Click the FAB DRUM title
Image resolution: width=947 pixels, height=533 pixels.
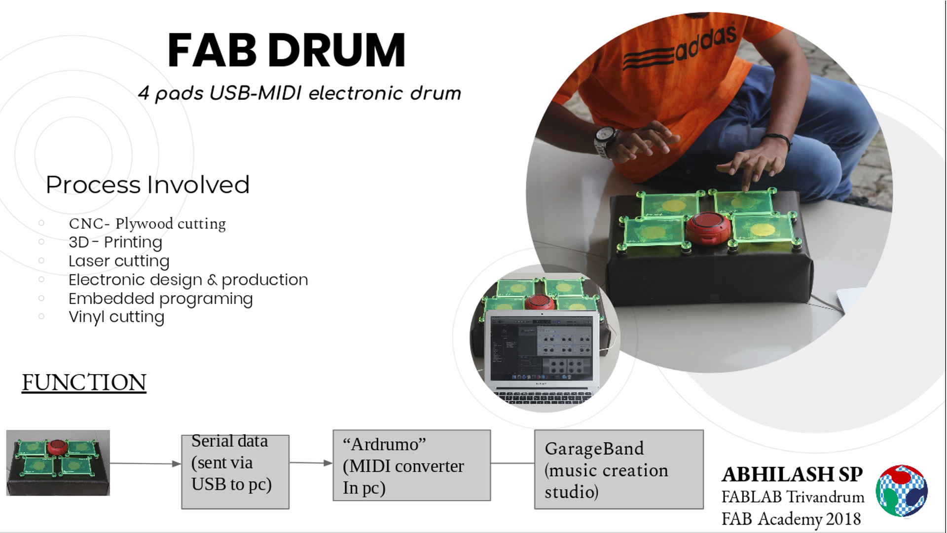point(287,50)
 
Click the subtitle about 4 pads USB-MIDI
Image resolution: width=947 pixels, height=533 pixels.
point(299,93)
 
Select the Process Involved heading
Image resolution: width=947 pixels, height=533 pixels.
point(147,185)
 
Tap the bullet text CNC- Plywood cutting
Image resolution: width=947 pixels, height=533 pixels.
point(147,224)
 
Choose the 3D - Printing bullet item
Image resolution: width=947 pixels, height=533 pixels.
point(115,242)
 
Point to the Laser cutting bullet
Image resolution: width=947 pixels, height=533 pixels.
point(119,261)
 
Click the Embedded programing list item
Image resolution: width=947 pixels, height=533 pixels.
point(161,299)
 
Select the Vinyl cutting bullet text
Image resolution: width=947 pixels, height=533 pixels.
point(116,317)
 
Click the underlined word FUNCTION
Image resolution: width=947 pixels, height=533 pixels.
point(84,383)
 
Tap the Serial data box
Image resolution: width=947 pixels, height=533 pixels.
point(235,471)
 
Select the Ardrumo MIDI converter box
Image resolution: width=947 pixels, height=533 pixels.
point(412,465)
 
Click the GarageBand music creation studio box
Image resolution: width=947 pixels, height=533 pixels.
point(619,469)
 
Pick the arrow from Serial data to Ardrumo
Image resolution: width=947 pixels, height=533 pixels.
point(311,463)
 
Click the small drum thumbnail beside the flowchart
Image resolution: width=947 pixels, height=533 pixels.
point(58,463)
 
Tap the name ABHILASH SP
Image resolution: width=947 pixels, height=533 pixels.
point(792,474)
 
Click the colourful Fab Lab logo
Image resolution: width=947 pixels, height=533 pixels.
point(902,491)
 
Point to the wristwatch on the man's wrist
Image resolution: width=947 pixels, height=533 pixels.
point(605,142)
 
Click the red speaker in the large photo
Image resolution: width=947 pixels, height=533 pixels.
point(708,228)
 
